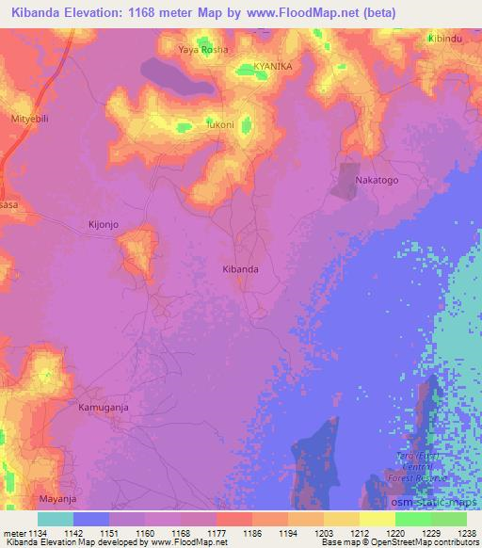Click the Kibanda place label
[239, 268]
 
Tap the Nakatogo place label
[375, 178]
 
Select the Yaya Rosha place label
[203, 49]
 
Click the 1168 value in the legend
[180, 532]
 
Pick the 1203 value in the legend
[320, 532]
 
